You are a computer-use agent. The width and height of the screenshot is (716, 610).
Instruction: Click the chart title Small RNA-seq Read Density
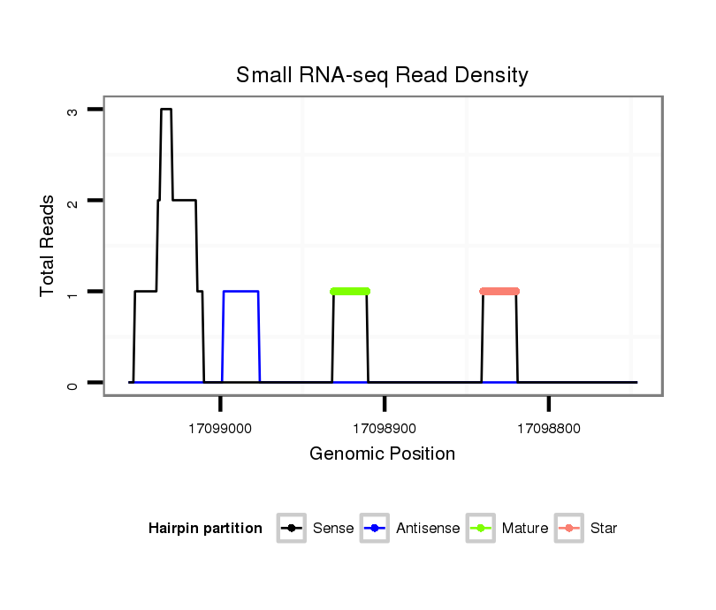pos(382,75)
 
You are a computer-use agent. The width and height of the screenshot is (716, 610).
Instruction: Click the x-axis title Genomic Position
pos(382,454)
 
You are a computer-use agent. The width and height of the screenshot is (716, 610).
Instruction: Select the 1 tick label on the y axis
pos(72,292)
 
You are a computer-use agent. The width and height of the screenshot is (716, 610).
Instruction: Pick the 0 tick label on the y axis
pos(72,383)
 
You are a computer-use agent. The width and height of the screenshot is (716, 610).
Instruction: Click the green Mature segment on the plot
pos(350,291)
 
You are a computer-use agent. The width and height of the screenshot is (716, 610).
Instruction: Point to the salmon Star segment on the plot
pos(499,291)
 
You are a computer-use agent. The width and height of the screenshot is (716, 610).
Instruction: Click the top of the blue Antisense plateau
pos(240,291)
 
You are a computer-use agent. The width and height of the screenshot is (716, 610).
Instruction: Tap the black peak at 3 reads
pos(166,110)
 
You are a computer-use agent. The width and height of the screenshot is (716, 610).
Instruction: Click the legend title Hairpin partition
pos(205,529)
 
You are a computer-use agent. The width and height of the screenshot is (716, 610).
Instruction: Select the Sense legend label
pos(333,529)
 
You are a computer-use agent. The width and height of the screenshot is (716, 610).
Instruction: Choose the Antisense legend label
pos(428,529)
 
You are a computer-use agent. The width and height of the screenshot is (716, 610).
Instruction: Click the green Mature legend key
pos(482,529)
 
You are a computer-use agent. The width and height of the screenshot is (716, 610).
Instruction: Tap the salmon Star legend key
pos(570,529)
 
